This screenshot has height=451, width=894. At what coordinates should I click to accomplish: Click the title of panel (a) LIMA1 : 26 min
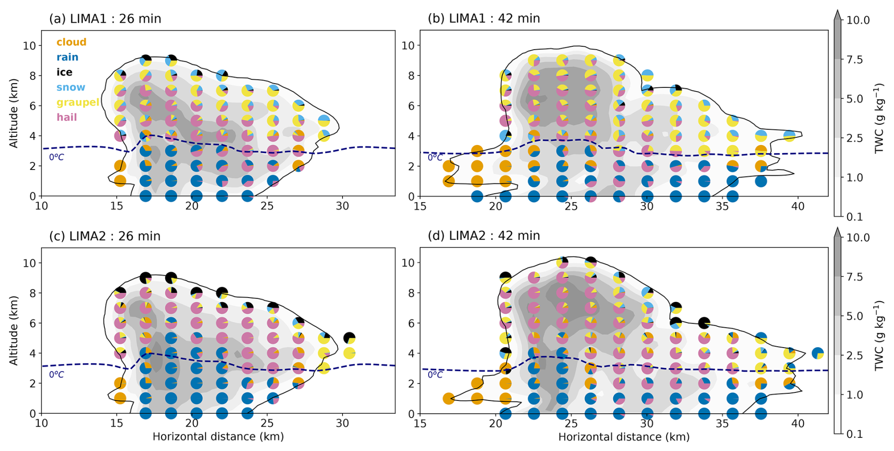(x=105, y=19)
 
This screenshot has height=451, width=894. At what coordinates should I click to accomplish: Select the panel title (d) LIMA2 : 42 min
(x=483, y=236)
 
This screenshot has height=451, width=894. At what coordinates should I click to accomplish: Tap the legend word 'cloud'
(x=71, y=42)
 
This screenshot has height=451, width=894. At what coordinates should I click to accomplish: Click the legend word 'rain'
(x=67, y=57)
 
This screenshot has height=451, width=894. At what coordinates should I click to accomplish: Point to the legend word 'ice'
(x=64, y=72)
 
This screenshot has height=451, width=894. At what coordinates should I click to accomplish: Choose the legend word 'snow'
(x=71, y=87)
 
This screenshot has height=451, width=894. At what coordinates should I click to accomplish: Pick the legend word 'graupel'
(x=78, y=102)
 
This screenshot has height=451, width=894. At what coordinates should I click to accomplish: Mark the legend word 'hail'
(x=67, y=117)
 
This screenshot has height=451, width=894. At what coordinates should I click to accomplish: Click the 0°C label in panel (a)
(x=56, y=157)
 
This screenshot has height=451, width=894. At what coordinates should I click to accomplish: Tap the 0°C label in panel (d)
(x=435, y=374)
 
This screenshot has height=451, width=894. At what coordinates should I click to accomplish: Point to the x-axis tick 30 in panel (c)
(x=343, y=423)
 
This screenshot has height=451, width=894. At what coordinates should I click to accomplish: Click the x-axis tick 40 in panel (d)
(x=798, y=423)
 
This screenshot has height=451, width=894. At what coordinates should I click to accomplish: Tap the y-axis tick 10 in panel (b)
(x=408, y=45)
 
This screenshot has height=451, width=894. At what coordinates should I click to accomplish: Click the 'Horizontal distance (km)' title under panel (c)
(x=218, y=436)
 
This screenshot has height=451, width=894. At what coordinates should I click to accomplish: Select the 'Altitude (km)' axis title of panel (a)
(x=14, y=113)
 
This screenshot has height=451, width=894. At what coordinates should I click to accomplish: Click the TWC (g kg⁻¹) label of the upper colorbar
(x=879, y=118)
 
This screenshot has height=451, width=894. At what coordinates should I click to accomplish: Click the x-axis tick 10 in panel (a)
(x=42, y=206)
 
